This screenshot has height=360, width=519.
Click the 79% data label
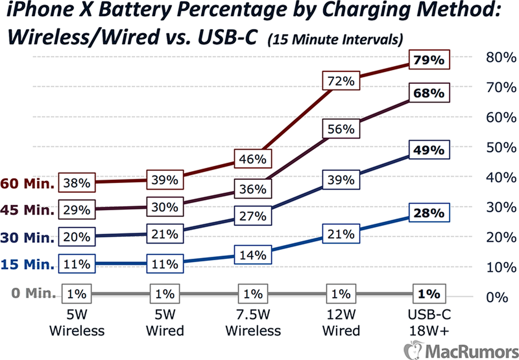click(429, 60)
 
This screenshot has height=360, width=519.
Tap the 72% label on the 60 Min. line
click(341, 81)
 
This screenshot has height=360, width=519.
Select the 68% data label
click(429, 93)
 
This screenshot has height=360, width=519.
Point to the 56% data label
click(341, 129)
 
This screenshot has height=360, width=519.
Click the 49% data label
click(429, 150)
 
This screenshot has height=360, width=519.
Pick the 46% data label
click(253, 159)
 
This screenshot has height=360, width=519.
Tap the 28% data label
click(429, 213)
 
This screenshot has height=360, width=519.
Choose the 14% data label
click(253, 255)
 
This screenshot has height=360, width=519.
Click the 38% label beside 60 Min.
click(77, 183)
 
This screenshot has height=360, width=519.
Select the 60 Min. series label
click(28, 184)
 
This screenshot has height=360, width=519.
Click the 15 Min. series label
click(28, 264)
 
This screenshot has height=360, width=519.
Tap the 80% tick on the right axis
click(501, 57)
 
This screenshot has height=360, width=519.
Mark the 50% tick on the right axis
click(501, 148)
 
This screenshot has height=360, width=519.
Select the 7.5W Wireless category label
click(253, 322)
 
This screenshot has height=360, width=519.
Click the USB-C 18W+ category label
click(429, 322)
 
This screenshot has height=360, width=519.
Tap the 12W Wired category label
click(341, 322)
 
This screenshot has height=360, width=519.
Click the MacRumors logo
click(461, 351)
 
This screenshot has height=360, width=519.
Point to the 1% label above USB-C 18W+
click(429, 294)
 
